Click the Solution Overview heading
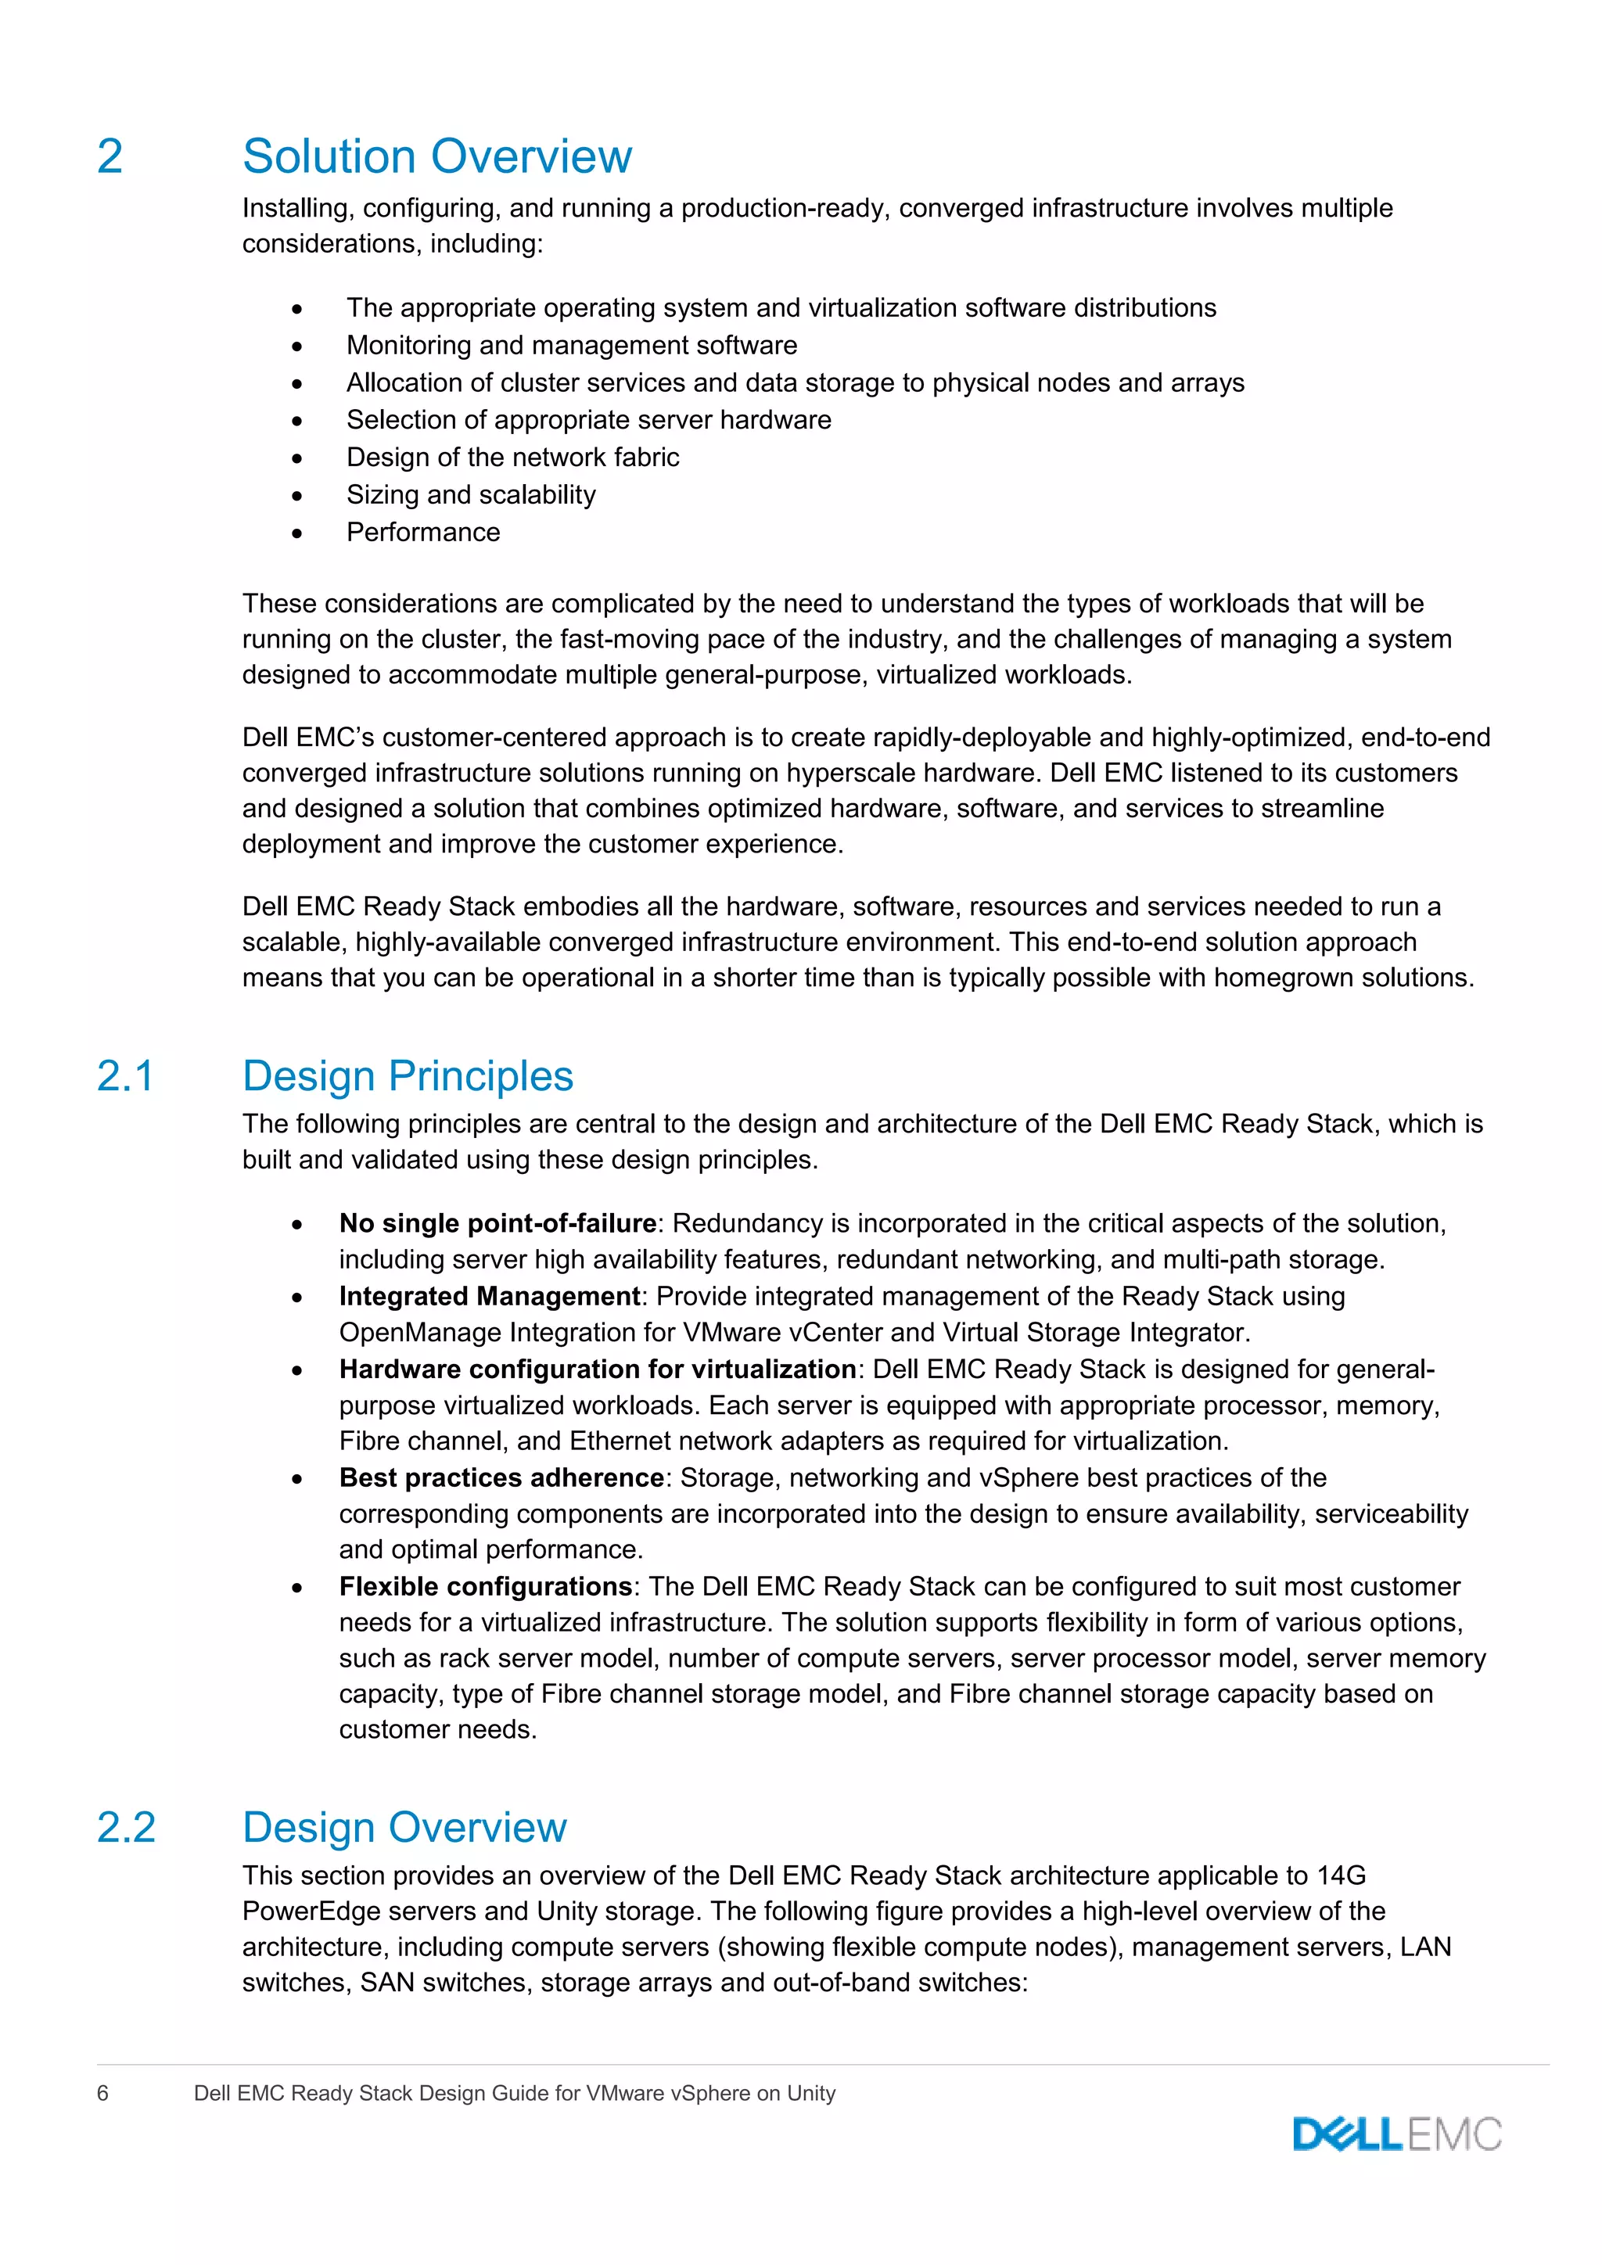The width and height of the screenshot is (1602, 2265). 437,157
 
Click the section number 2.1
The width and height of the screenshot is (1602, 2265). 125,1076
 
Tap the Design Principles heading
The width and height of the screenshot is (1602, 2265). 408,1076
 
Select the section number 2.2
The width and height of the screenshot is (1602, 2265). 125,1828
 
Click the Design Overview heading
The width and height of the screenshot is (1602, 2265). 404,1828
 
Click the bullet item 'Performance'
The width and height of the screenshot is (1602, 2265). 423,533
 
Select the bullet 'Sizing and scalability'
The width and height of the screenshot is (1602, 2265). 471,495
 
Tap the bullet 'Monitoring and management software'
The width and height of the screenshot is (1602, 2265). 571,345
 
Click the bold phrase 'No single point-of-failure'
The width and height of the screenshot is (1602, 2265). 498,1224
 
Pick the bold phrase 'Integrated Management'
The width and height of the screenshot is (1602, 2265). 489,1296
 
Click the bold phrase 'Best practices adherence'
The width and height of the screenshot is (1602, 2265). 501,1477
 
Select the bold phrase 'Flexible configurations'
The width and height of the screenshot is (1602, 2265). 485,1586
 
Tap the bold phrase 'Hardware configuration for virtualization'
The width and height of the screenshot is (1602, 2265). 597,1369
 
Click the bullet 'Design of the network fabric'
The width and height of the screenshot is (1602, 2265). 512,458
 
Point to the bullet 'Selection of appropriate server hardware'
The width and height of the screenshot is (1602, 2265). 588,420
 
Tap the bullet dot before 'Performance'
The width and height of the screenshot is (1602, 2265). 297,533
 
